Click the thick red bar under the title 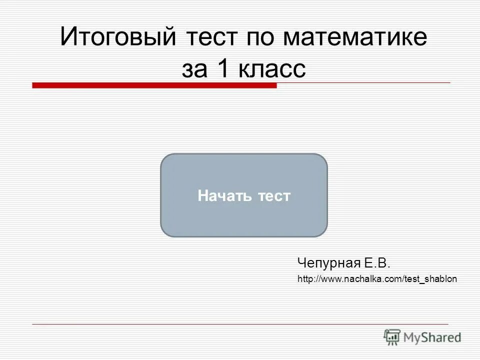(x=154, y=85)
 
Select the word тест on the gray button (x=274, y=195)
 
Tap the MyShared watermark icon (x=392, y=336)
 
